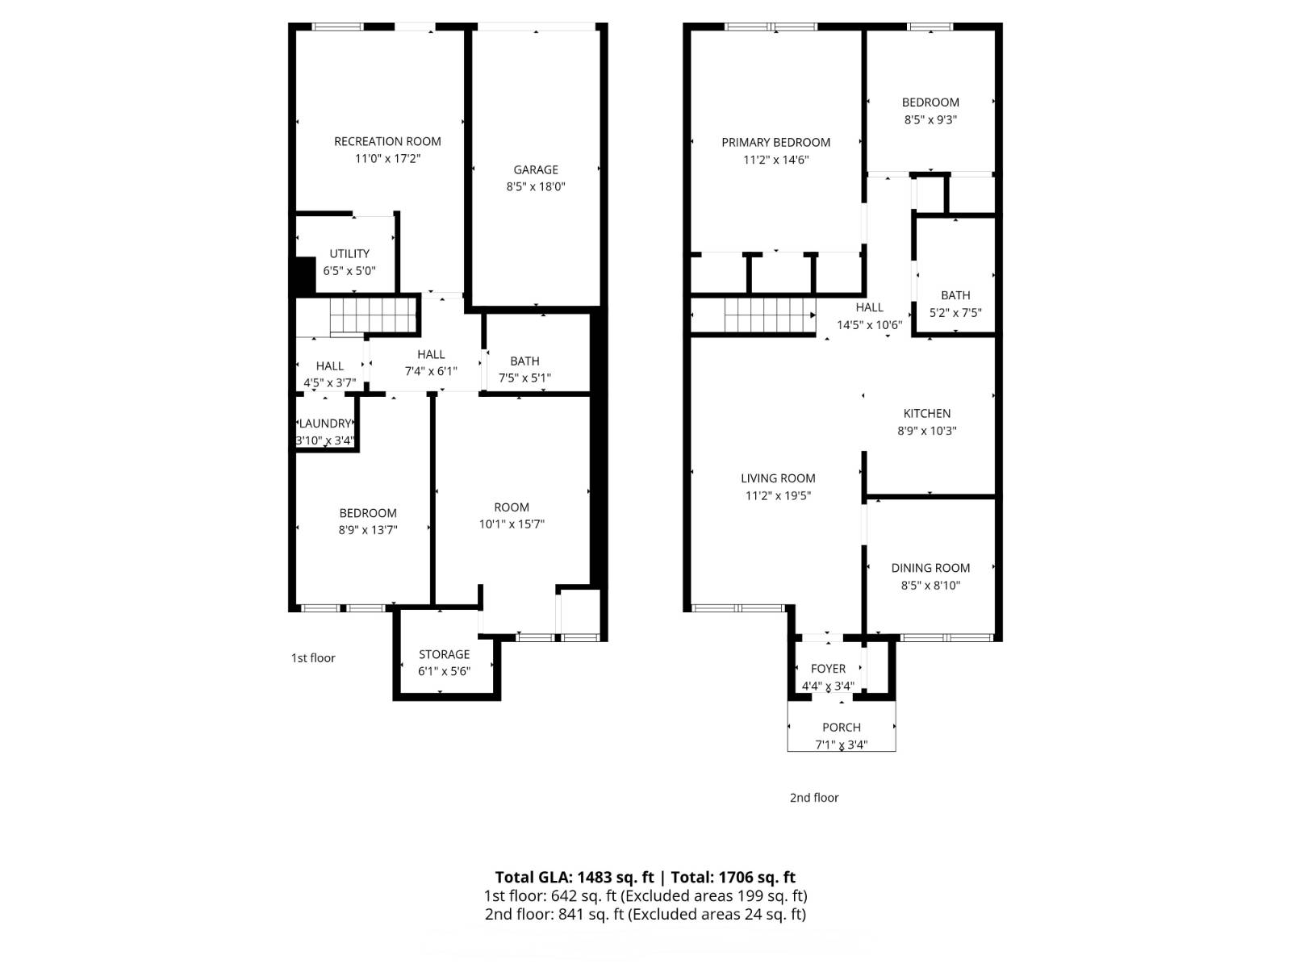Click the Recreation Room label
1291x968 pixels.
[x=387, y=142]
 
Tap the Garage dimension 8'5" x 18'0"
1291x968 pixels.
[x=535, y=187]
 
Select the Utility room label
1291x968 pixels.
[x=349, y=254]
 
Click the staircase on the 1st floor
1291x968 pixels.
[x=372, y=315]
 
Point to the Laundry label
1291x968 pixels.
[x=324, y=423]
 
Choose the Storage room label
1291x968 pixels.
[x=444, y=655]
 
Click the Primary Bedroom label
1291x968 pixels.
[x=775, y=143]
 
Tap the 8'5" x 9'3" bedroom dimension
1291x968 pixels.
[x=930, y=120]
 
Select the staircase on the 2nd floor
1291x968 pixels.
[x=770, y=315]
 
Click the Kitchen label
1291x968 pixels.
[x=927, y=414]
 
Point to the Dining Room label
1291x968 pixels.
[x=930, y=569]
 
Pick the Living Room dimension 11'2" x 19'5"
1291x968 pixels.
[x=778, y=496]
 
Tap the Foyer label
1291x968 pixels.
[x=828, y=669]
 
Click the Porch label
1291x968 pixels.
[x=842, y=728]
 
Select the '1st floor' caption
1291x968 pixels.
[x=313, y=658]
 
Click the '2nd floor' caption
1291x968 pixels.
[x=814, y=798]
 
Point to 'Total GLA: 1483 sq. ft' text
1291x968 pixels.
[x=574, y=878]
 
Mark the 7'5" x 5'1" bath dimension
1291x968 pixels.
[x=524, y=378]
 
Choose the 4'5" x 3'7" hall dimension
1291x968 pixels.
[x=329, y=383]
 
